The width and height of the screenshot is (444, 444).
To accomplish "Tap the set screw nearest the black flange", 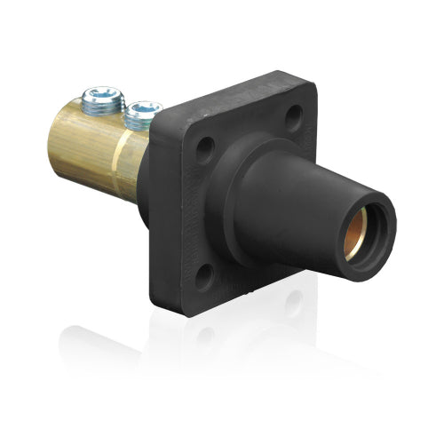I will click(142, 114).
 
